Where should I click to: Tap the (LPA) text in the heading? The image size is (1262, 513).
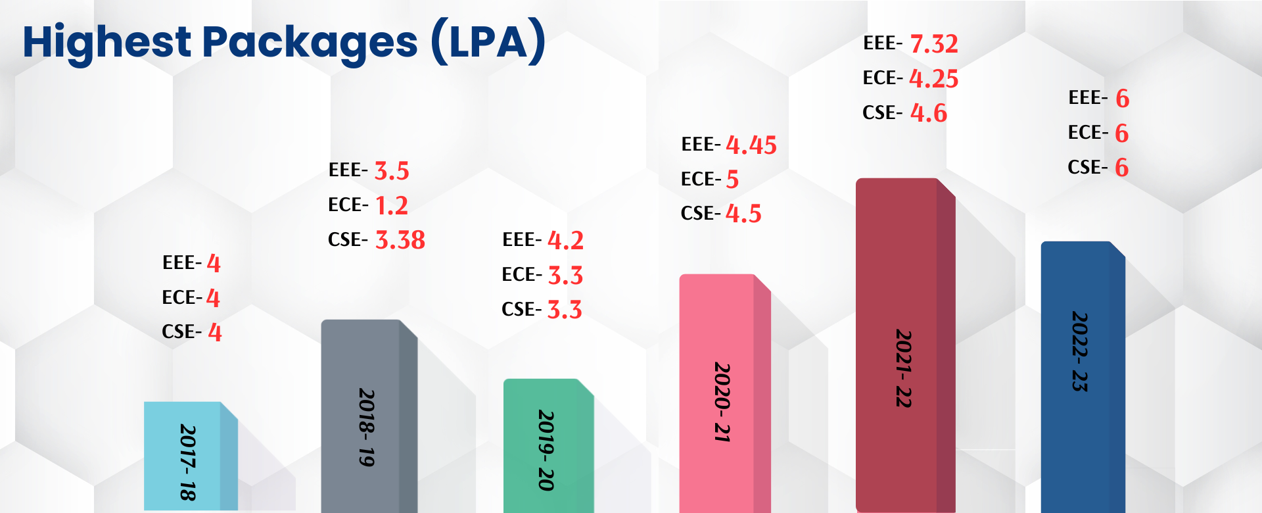point(488,41)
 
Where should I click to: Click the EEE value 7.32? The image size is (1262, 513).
point(934,44)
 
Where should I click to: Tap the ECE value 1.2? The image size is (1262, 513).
point(392,206)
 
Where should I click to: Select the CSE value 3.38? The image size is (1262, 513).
point(400,240)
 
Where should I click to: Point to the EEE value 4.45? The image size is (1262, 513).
point(751,145)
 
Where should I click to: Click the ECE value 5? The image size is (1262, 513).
point(732,180)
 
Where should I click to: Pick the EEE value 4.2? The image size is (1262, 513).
point(565,241)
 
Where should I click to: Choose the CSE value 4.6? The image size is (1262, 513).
point(929,113)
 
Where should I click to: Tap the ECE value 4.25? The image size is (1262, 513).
point(934,79)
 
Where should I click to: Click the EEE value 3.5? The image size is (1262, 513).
point(392,171)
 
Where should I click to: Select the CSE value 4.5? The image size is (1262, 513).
point(743,214)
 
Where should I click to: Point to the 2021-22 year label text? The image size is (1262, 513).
point(904,368)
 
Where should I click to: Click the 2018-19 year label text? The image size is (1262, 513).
point(367,427)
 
